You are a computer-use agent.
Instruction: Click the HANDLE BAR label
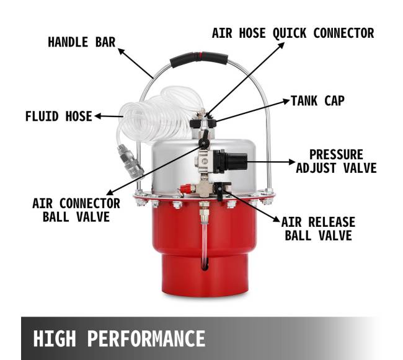click(82, 42)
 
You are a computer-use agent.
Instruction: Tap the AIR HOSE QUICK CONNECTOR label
click(293, 33)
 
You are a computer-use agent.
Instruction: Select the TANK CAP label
click(317, 100)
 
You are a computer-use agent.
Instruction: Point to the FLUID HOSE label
click(59, 116)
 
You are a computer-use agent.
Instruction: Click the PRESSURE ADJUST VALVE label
click(336, 162)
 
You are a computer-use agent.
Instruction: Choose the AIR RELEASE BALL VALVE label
click(318, 229)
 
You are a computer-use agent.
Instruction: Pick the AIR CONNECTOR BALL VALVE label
click(76, 210)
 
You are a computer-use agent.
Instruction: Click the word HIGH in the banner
click(55, 339)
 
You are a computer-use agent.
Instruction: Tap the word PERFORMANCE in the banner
click(146, 339)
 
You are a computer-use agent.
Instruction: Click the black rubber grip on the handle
click(198, 58)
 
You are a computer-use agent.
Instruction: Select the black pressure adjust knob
click(230, 161)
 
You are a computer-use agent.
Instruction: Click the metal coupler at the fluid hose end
click(131, 161)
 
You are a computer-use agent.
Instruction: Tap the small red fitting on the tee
click(187, 189)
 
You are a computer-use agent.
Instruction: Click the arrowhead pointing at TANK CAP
click(286, 101)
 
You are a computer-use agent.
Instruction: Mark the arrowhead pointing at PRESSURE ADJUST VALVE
click(292, 162)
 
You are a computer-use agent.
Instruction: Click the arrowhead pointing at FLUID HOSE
click(98, 116)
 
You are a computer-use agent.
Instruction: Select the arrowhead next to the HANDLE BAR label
click(121, 51)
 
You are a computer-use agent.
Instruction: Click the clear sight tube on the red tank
click(204, 244)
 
